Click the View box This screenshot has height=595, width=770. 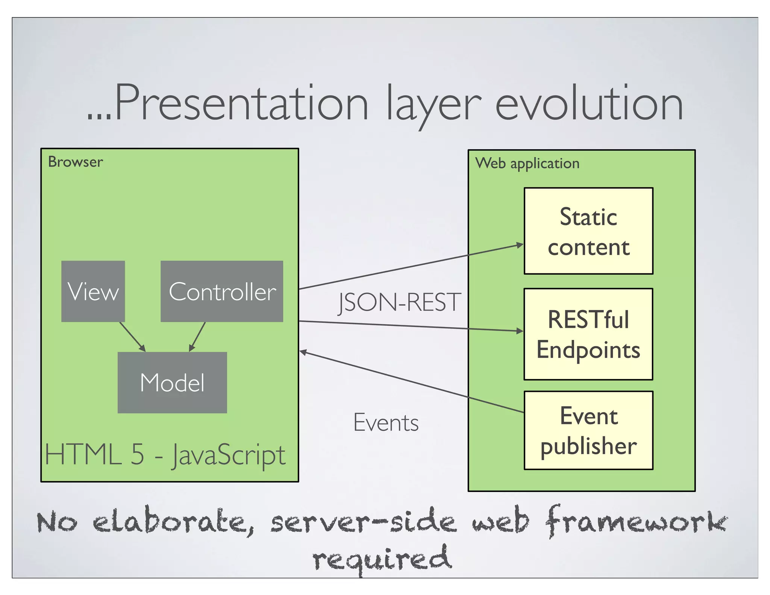click(93, 291)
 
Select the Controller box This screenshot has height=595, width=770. click(222, 291)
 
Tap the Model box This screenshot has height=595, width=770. click(172, 382)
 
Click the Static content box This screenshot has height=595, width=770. click(588, 231)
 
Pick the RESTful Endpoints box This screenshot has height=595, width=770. click(588, 334)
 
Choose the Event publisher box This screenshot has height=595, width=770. click(588, 430)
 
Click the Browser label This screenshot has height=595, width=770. click(75, 162)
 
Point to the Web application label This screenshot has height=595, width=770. click(527, 163)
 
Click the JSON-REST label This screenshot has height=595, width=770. click(399, 302)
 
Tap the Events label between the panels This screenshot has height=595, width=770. click(386, 422)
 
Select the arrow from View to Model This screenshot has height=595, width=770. click(132, 337)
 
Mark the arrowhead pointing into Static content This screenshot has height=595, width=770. click(520, 245)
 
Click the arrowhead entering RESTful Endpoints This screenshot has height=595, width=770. click(520, 331)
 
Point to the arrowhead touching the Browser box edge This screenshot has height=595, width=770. click(303, 352)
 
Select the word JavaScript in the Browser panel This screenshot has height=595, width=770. click(229, 455)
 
